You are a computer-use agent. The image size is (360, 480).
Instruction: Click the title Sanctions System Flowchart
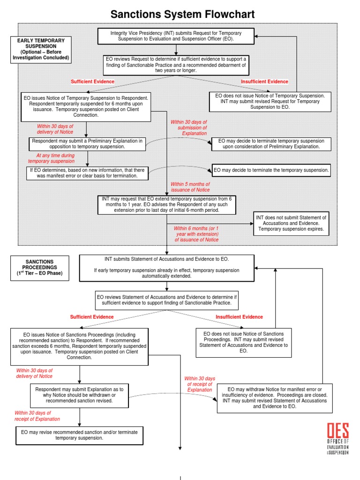tap(182, 15)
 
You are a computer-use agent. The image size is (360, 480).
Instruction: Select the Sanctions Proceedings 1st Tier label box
tap(39, 268)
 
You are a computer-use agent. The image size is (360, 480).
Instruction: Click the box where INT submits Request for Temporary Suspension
tap(176, 36)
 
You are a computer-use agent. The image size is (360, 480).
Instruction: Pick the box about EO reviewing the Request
tap(176, 65)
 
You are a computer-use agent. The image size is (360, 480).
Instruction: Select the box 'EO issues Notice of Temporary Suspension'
tap(86, 106)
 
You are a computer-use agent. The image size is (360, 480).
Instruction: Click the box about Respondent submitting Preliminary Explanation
tap(88, 143)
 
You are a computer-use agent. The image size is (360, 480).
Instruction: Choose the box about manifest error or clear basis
tap(87, 173)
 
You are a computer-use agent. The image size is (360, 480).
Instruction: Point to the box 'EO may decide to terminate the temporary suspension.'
tap(271, 170)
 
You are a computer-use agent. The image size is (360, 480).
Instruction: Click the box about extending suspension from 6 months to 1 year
tap(167, 205)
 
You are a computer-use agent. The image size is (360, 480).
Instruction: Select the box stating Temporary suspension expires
tap(291, 224)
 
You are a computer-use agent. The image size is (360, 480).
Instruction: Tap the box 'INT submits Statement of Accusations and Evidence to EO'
tap(166, 268)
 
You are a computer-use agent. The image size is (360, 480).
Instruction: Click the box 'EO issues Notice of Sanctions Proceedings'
tap(79, 347)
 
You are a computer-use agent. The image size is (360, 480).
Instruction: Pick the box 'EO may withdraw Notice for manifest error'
tap(275, 398)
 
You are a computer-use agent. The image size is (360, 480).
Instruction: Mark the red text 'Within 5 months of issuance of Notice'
tap(190, 187)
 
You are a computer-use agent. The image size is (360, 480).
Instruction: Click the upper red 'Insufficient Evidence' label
tap(264, 82)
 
